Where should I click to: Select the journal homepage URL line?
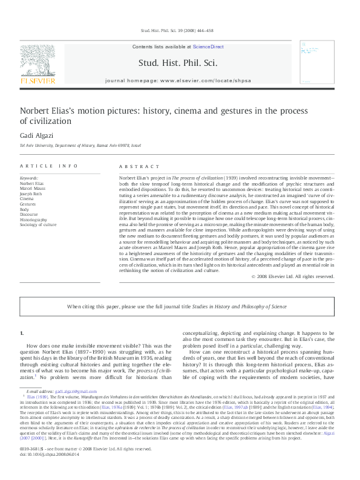(178, 80)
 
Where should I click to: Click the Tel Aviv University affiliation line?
(80, 146)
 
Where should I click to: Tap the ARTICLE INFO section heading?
(49, 166)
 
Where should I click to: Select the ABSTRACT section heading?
(134, 166)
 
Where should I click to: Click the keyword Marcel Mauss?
(33, 188)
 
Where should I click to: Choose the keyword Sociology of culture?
(38, 224)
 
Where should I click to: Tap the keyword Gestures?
(28, 204)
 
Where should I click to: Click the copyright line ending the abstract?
(292, 276)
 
